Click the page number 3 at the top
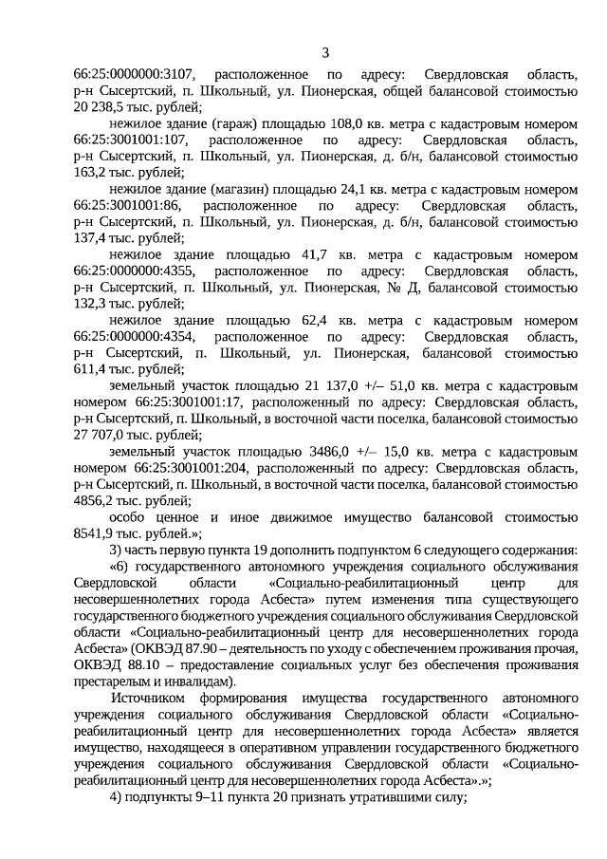[x=324, y=52]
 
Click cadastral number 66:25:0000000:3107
[x=134, y=73]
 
